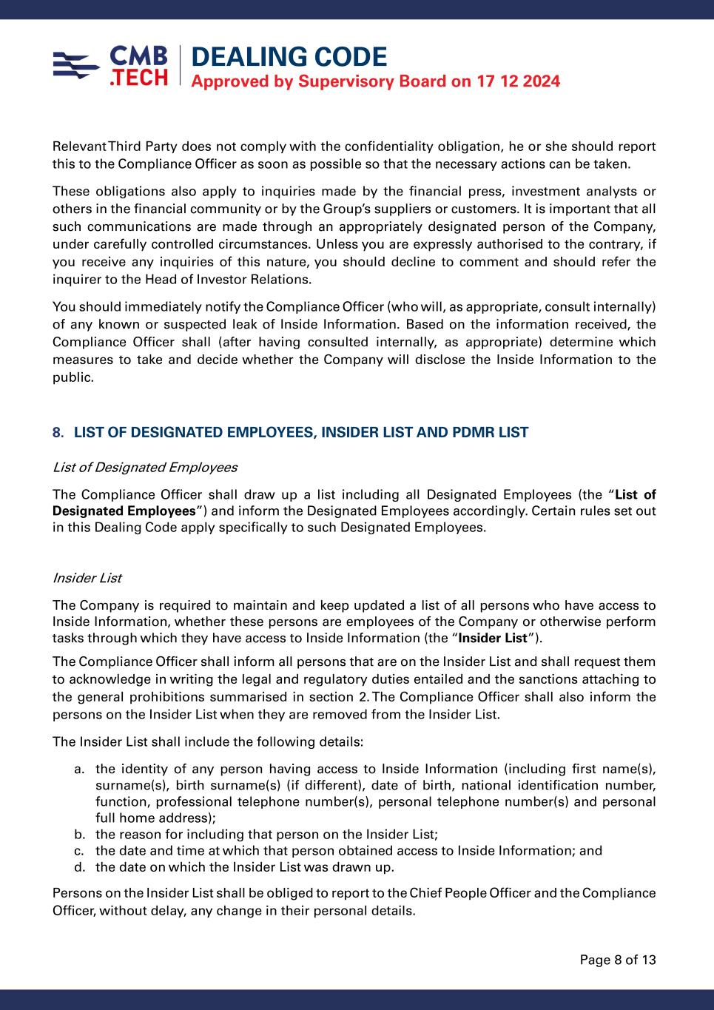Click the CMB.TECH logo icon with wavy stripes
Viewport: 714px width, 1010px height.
(x=76, y=65)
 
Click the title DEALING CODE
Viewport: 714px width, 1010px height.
(x=289, y=57)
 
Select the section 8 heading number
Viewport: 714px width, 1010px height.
(x=57, y=433)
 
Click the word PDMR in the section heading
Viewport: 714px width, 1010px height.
(x=476, y=433)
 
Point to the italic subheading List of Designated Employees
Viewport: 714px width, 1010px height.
(x=145, y=468)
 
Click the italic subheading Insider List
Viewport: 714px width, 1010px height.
(x=87, y=578)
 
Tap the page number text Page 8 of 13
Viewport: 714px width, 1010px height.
(x=618, y=960)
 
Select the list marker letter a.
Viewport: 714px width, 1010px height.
(x=78, y=769)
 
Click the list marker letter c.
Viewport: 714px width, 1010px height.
(x=78, y=851)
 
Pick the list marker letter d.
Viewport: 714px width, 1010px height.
(x=78, y=867)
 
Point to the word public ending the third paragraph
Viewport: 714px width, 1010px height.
(x=72, y=377)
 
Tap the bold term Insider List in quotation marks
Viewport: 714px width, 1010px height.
(x=493, y=639)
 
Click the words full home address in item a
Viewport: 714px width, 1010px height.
(x=153, y=818)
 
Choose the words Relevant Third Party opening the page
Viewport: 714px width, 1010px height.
(x=114, y=147)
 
